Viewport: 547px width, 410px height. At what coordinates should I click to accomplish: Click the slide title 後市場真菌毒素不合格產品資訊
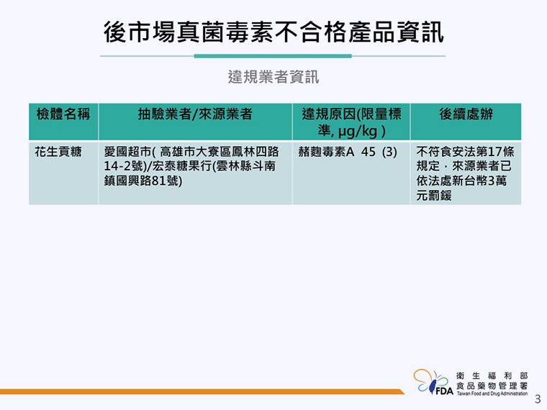point(273,32)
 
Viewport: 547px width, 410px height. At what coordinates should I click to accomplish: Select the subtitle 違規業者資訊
point(273,76)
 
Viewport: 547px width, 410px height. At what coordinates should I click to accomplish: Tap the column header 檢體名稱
point(63,114)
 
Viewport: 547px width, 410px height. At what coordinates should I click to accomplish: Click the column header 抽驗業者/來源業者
point(195,114)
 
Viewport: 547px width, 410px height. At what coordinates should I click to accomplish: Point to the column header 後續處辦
point(466,114)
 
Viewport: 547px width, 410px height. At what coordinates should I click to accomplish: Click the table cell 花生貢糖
point(58,152)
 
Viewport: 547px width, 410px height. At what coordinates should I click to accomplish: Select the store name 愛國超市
point(127,152)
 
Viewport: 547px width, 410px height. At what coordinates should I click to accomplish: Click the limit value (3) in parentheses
point(390,152)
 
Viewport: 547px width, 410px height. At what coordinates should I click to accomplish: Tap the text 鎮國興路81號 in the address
point(143,181)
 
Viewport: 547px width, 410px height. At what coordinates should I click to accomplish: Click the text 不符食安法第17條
point(465,152)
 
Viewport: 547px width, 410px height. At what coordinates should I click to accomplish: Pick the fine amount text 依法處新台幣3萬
point(461,181)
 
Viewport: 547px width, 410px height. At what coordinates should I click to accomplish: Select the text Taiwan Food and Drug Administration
point(492,394)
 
